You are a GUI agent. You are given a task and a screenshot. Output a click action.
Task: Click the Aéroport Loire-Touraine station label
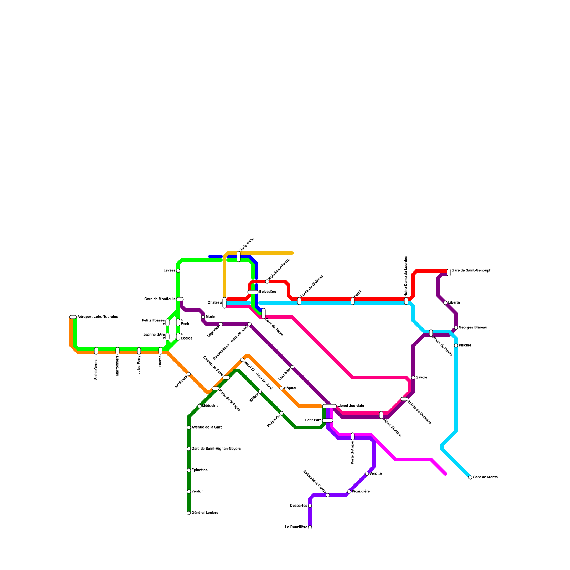tap(98, 317)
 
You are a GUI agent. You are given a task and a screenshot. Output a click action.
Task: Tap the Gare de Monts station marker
tap(470, 477)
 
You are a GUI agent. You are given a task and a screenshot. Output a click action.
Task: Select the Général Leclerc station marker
tap(189, 513)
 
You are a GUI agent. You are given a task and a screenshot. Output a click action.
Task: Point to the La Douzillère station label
tap(296, 527)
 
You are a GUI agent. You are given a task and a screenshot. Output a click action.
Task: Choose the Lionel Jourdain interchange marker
tap(330, 406)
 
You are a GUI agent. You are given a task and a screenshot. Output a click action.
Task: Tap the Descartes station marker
tap(310, 506)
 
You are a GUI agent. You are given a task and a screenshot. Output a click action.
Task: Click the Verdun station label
tap(197, 492)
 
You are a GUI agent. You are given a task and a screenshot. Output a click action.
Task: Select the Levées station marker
tap(178, 271)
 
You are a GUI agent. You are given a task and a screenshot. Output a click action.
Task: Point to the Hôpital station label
tap(290, 388)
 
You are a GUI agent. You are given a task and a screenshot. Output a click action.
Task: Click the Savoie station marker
tap(413, 378)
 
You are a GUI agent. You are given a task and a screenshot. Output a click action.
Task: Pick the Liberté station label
tap(454, 302)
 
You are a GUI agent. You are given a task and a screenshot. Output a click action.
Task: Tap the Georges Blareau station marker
tap(456, 328)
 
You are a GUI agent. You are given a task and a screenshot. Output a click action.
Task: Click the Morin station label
tap(211, 317)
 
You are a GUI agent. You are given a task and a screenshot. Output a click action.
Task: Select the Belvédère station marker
tap(253, 292)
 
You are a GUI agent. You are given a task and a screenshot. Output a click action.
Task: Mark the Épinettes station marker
tap(189, 470)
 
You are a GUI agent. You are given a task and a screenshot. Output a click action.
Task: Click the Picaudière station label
tap(361, 492)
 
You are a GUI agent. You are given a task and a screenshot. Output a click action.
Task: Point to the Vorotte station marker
tap(367, 474)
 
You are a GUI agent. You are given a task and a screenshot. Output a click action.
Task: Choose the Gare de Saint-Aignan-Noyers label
tap(216, 449)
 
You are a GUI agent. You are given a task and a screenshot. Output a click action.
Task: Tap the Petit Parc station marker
tap(328, 420)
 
